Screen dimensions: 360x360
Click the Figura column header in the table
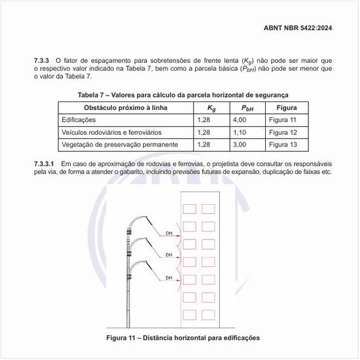[x=287, y=107]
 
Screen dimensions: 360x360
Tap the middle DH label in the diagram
[x=168, y=255]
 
